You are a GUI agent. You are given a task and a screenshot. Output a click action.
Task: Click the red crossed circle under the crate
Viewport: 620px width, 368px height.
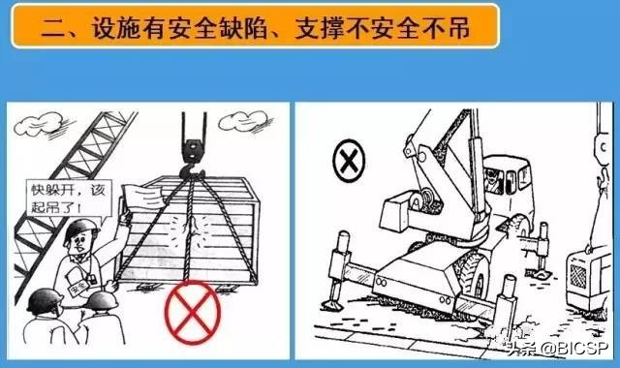tap(192, 312)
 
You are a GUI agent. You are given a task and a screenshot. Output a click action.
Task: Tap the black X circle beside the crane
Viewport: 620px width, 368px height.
tap(349, 161)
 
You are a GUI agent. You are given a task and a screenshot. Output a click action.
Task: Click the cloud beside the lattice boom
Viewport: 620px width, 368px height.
tap(40, 123)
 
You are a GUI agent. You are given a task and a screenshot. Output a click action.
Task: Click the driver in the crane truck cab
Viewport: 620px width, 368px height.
tap(493, 180)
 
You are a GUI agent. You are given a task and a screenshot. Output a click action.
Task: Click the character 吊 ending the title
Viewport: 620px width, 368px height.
tap(459, 28)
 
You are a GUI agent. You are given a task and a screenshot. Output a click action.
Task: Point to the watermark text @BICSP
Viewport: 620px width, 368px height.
tap(574, 349)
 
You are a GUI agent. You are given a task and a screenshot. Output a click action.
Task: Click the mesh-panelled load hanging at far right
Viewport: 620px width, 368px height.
tap(586, 278)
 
